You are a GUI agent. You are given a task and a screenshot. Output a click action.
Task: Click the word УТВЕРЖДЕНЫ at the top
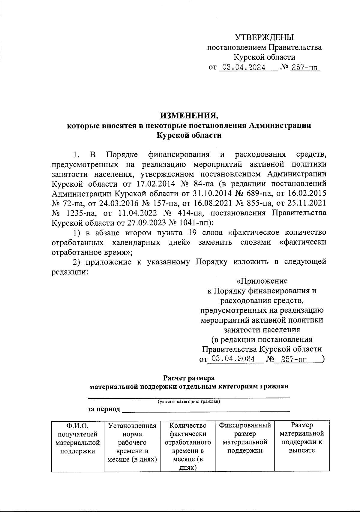[264, 38]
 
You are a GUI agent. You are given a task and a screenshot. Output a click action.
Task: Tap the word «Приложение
[262, 281]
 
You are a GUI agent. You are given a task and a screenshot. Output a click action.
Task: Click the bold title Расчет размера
[189, 377]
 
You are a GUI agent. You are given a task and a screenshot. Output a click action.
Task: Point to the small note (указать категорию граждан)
[189, 402]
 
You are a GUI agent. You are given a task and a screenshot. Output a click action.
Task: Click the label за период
[104, 409]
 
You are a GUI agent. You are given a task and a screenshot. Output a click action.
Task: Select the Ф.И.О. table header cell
[78, 438]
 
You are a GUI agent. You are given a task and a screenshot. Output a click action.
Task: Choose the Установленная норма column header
[132, 442]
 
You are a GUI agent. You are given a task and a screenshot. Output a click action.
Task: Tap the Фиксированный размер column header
[245, 438]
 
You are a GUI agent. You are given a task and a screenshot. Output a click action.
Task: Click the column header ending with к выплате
[302, 438]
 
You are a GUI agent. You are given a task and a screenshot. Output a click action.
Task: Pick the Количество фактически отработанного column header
[188, 446]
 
